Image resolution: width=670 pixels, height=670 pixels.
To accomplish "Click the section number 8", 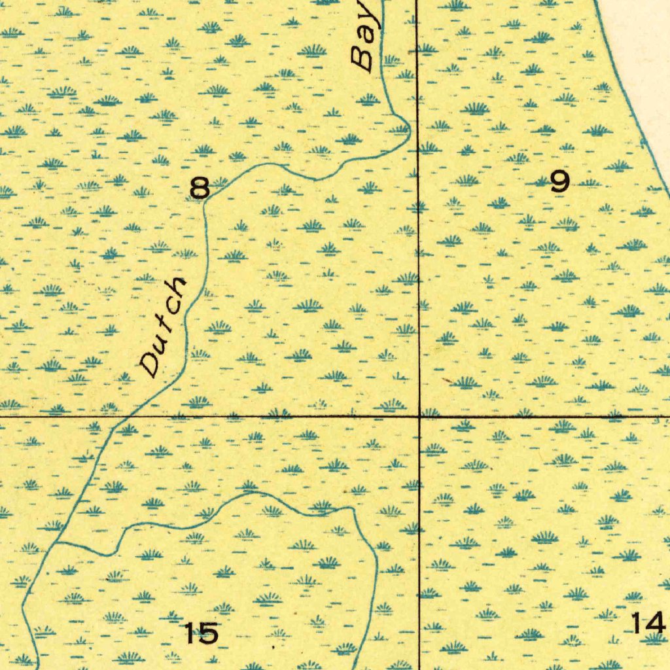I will click(200, 188).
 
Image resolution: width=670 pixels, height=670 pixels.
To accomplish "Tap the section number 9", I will click(559, 182).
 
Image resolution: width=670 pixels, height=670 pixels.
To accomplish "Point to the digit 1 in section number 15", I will click(190, 633).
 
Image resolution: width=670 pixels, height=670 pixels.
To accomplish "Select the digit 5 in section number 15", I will click(208, 633).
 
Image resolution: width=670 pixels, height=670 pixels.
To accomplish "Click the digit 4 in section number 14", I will click(656, 623).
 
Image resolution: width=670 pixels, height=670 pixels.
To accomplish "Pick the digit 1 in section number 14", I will click(639, 623).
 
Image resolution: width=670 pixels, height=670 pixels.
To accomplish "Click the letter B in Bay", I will click(361, 60).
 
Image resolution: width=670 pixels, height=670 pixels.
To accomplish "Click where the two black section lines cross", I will click(419, 415).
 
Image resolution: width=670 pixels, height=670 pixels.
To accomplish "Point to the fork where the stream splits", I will click(57, 542).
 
